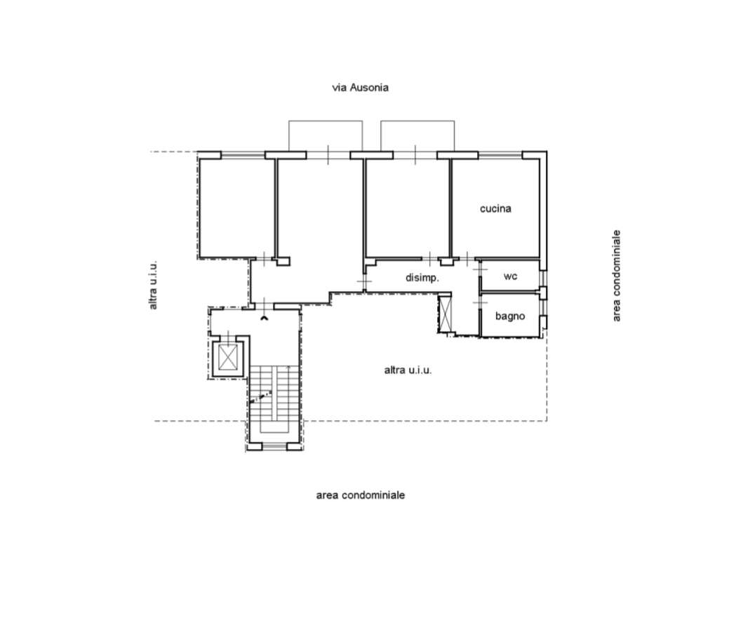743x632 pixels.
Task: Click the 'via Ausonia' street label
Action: [360, 88]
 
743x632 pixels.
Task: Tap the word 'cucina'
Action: [495, 208]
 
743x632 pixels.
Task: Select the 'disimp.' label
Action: [422, 278]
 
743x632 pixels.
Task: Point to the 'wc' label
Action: [510, 276]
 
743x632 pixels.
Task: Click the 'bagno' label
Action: [510, 316]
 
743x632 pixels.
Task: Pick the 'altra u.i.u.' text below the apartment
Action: [408, 370]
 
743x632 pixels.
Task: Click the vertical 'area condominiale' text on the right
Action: [617, 276]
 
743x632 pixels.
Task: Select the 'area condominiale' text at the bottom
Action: [361, 495]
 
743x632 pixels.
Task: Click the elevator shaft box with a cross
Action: [228, 357]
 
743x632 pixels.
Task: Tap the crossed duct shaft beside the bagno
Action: [445, 313]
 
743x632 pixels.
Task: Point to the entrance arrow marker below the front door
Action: [265, 318]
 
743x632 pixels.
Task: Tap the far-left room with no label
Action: [236, 208]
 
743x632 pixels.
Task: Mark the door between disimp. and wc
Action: [480, 269]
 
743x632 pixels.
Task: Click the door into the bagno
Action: [480, 302]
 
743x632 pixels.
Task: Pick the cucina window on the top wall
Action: [500, 155]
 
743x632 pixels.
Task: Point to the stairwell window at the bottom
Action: [274, 446]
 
